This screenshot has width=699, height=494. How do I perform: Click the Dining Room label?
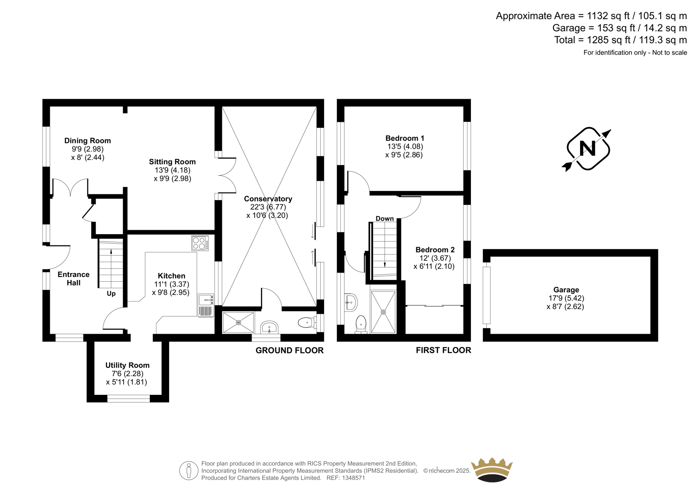pyautogui.click(x=87, y=141)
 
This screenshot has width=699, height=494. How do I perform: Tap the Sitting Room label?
pyautogui.click(x=172, y=162)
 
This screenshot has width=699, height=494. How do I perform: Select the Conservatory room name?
pyautogui.click(x=268, y=199)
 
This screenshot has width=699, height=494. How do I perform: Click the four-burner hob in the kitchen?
pyautogui.click(x=200, y=243)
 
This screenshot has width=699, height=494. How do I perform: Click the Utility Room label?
pyautogui.click(x=127, y=365)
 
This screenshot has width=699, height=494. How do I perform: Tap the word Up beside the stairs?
pyautogui.click(x=111, y=294)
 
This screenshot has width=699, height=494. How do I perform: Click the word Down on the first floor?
pyautogui.click(x=384, y=218)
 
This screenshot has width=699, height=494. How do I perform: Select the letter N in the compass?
pyautogui.click(x=587, y=149)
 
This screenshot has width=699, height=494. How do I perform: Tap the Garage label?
pyautogui.click(x=566, y=290)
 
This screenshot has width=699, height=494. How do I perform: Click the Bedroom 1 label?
pyautogui.click(x=405, y=138)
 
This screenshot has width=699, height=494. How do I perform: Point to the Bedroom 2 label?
pyautogui.click(x=435, y=250)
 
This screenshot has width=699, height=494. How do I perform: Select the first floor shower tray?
pyautogui.click(x=383, y=312)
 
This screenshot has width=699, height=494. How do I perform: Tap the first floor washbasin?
pyautogui.click(x=351, y=302)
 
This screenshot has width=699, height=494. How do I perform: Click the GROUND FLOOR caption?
pyautogui.click(x=290, y=350)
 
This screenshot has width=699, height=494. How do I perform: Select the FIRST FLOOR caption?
pyautogui.click(x=443, y=350)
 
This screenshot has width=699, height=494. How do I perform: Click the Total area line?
pyautogui.click(x=620, y=40)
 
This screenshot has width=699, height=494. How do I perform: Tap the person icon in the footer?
pyautogui.click(x=189, y=470)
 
